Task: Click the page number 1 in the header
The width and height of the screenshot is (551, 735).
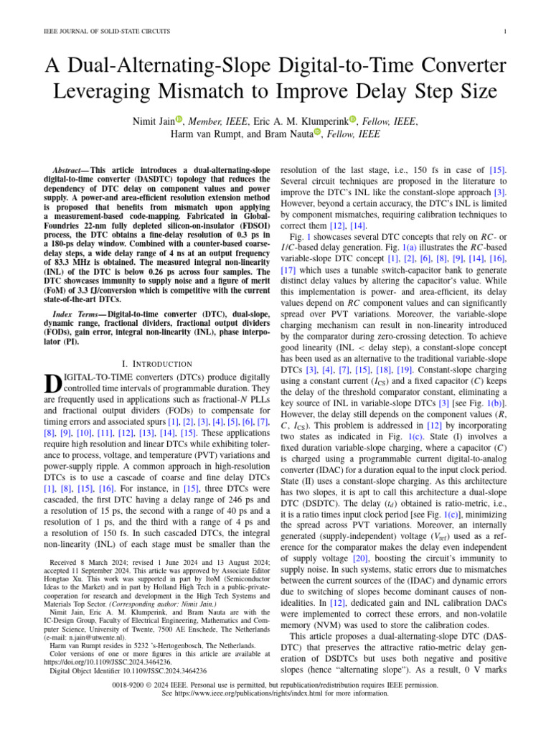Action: coord(506,32)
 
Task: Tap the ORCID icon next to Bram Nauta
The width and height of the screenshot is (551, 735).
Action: coord(318,134)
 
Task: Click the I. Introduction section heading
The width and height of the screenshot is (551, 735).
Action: coord(158,365)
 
